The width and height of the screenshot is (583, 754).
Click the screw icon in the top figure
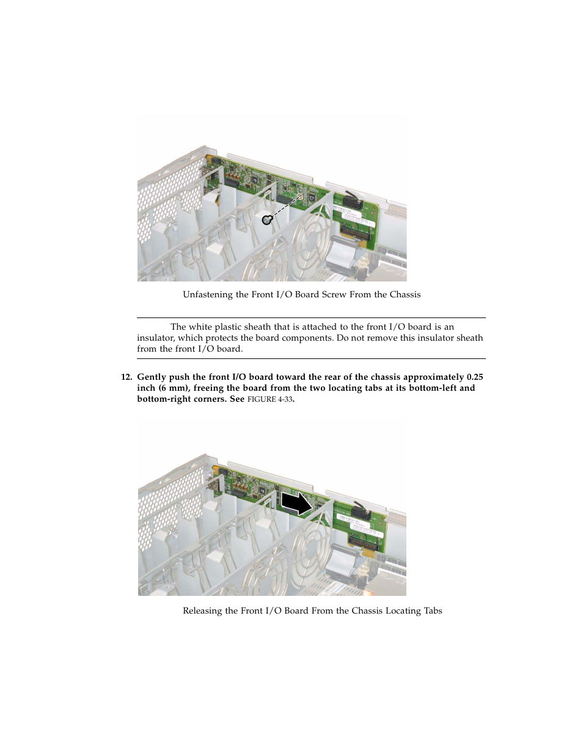click(266, 220)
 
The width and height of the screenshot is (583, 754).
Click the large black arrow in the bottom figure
click(296, 504)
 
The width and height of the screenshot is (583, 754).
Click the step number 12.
click(126, 377)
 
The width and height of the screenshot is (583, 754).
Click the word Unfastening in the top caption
click(207, 294)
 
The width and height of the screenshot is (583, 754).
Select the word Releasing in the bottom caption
click(202, 611)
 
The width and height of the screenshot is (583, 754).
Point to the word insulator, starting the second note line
click(156, 338)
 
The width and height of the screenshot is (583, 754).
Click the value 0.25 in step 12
click(475, 377)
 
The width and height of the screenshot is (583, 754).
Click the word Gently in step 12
click(152, 377)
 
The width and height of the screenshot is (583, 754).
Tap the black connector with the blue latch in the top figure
click(351, 200)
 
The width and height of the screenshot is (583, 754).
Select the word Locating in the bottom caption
click(403, 611)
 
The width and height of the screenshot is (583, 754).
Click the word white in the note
click(200, 327)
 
